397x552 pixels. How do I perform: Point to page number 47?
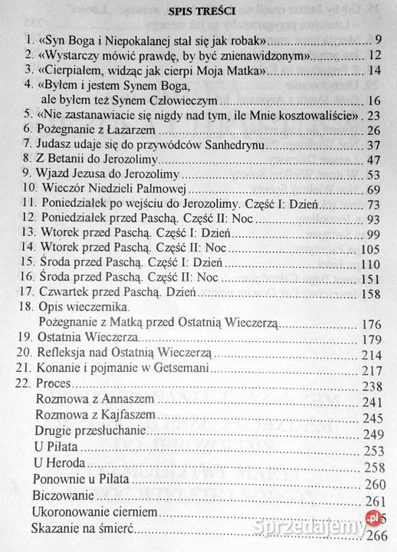(x=375, y=159)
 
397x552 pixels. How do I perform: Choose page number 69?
(x=375, y=189)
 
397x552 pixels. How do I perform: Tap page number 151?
(x=371, y=277)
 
